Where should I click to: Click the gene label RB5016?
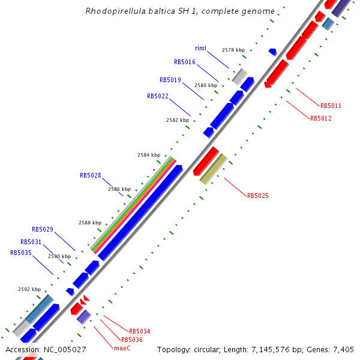pos(185,62)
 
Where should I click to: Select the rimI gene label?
pos(201,48)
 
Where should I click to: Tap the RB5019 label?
pos(170,80)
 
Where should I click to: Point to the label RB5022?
pos(158,96)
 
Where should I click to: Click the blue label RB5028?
pos(91,176)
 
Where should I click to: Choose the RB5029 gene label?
pos(43,229)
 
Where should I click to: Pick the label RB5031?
pos(31,242)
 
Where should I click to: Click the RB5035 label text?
pos(21,253)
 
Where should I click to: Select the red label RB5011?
pos(331,106)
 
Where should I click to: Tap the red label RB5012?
pos(321,118)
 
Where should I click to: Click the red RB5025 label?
pos(258,196)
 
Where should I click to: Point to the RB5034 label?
pos(140,331)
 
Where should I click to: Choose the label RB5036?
pos(132,340)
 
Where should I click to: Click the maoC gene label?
pos(122,347)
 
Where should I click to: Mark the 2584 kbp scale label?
pos(149,155)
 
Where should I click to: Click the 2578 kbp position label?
pos(233,50)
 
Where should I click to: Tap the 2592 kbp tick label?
pos(29,289)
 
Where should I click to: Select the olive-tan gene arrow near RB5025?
pos(214,169)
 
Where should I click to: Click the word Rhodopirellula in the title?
pos(115,11)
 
